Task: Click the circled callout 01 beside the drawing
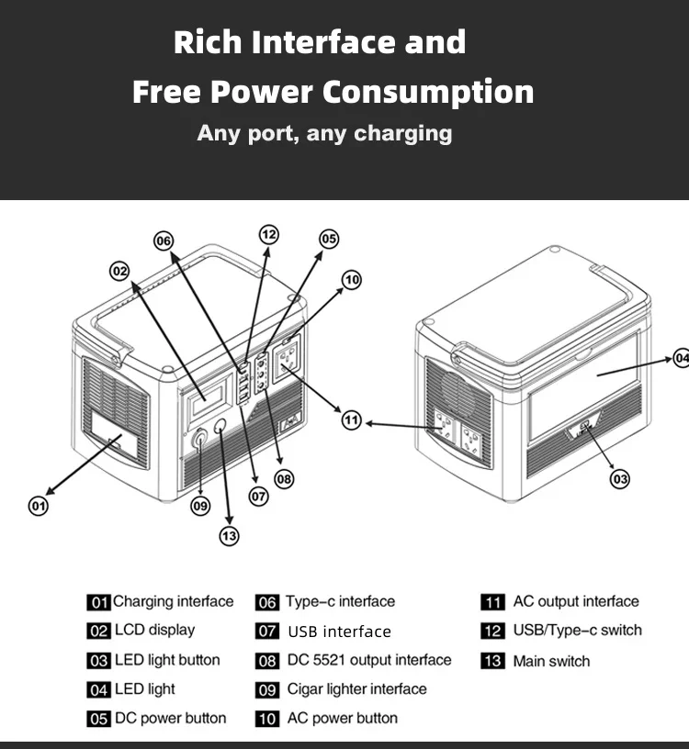click(39, 505)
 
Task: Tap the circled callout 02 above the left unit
click(120, 270)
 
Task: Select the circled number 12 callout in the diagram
click(268, 234)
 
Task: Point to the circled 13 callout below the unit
click(229, 536)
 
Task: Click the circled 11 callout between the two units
click(352, 420)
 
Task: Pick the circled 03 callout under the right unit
click(620, 477)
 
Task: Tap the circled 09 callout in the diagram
click(200, 505)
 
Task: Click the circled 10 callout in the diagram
click(351, 279)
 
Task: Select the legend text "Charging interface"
click(173, 602)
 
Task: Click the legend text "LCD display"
click(154, 631)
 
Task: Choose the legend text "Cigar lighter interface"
click(356, 689)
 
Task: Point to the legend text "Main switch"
click(551, 661)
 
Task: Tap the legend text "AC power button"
click(342, 718)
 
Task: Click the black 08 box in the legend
click(267, 661)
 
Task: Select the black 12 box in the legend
click(493, 632)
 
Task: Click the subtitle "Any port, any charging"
click(324, 133)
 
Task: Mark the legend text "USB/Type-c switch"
click(577, 631)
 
